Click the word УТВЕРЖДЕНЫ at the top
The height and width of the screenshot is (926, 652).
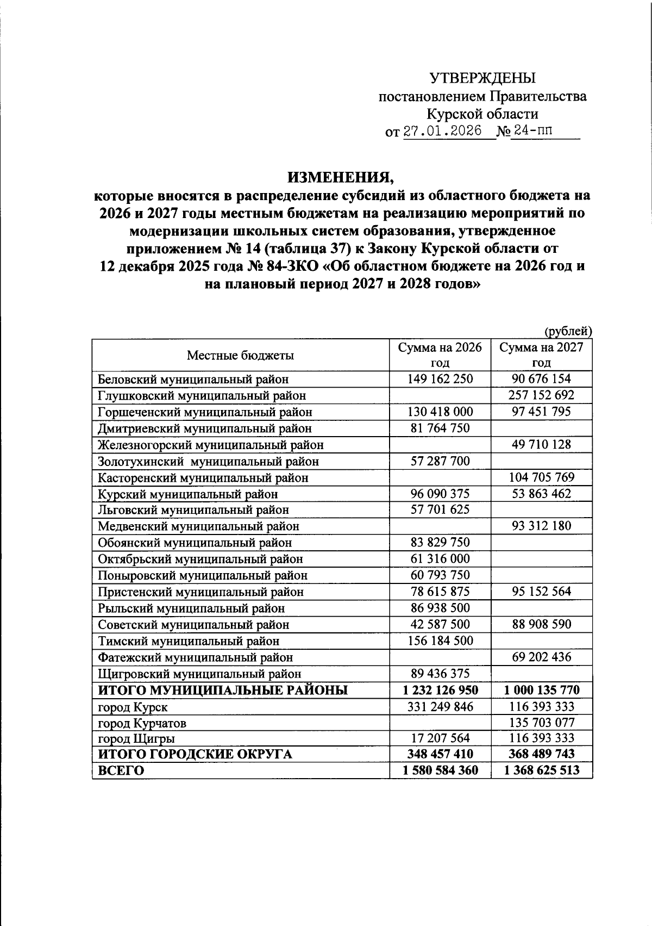click(482, 78)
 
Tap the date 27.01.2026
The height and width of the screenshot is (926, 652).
click(442, 132)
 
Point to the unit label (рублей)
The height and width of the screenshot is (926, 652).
click(567, 331)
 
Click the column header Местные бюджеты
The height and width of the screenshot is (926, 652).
click(241, 356)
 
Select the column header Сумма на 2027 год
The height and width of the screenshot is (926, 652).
click(541, 355)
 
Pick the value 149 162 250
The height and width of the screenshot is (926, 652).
click(440, 379)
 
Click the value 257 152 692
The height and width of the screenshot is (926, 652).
click(541, 395)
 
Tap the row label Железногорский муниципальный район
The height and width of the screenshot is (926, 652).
click(211, 445)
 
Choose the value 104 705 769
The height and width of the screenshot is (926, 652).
click(541, 477)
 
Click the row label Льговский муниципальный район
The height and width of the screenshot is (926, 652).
click(193, 510)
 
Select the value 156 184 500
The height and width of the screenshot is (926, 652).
click(440, 641)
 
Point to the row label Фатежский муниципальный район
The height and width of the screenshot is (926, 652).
click(195, 658)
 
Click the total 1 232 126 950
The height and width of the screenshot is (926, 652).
click(440, 691)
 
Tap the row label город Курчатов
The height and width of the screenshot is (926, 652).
click(142, 723)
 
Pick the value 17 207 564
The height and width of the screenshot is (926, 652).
click(440, 738)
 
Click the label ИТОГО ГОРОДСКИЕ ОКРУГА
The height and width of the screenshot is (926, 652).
click(195, 754)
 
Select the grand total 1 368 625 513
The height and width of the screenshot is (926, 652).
click(541, 770)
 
